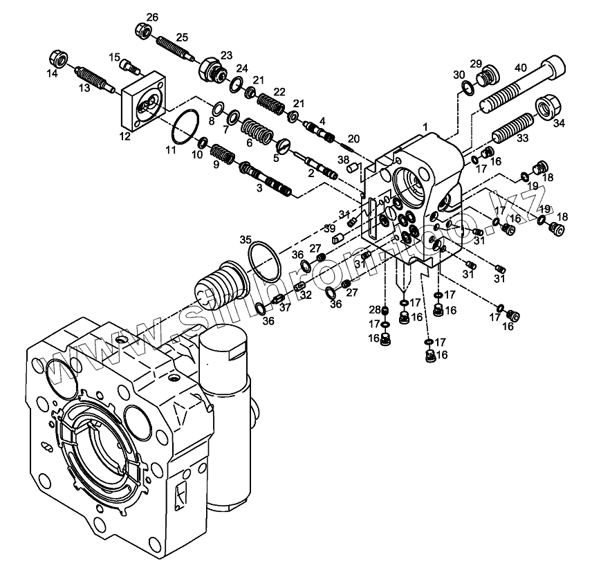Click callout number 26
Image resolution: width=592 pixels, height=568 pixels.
point(152,17)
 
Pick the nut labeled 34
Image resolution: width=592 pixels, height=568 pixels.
point(548,108)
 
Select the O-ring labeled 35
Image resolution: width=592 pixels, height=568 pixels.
point(263,257)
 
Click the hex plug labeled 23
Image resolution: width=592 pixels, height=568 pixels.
point(210,68)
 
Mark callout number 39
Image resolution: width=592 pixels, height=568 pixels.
point(331,229)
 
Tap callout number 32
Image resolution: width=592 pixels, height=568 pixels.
point(306,294)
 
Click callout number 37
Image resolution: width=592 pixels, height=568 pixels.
point(285,308)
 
